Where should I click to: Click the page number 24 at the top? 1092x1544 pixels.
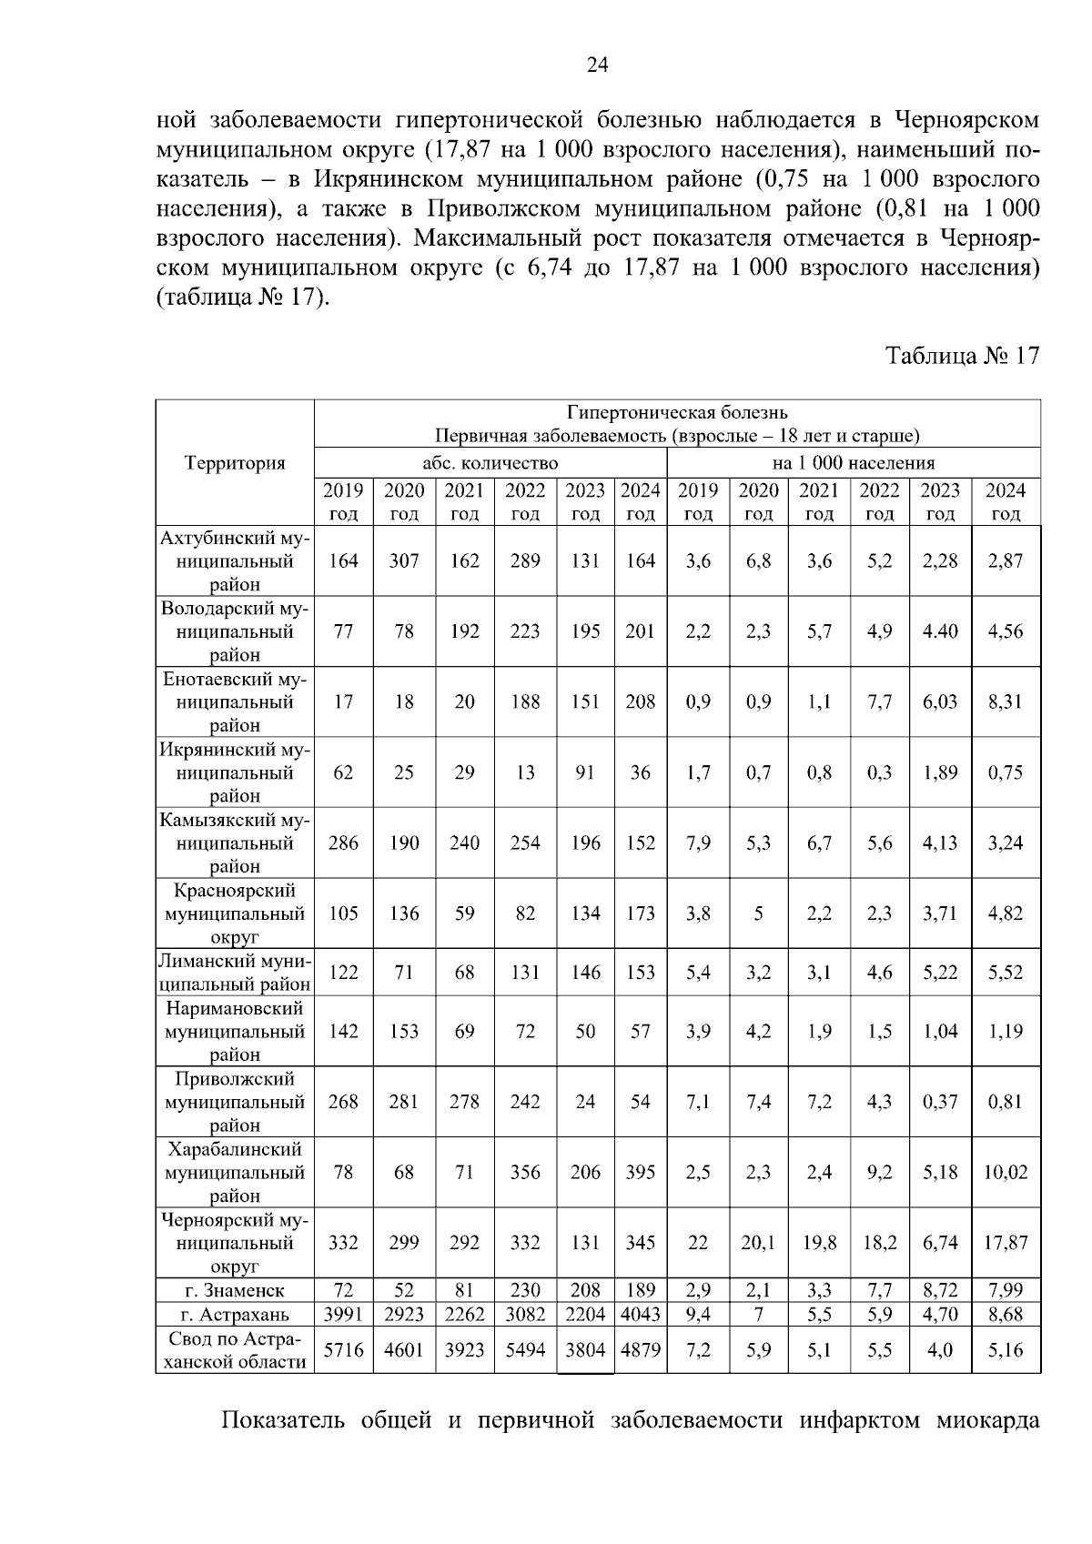597,64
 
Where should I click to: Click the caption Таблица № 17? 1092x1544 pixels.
962,356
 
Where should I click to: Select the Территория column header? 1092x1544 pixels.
235,463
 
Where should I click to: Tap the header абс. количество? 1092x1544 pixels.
490,463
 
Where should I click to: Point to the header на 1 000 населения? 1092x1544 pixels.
854,463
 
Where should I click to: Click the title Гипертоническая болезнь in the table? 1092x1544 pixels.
677,413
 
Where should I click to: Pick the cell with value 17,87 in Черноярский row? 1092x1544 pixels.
1006,1243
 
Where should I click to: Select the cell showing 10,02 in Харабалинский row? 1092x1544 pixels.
1006,1172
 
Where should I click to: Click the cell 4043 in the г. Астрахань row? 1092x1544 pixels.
641,1314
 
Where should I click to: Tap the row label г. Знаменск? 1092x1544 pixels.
234,1290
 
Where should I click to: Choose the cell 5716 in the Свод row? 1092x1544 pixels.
343,1350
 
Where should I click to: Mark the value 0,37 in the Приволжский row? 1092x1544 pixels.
940,1102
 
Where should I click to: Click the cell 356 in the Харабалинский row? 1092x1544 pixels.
525,1172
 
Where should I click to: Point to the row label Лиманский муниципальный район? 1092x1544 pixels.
235,973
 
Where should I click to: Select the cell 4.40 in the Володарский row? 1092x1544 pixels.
940,631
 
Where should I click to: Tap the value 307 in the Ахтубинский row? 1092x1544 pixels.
404,561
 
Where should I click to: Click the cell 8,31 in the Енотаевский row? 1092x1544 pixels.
1006,702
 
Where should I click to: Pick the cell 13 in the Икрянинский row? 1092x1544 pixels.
525,772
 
